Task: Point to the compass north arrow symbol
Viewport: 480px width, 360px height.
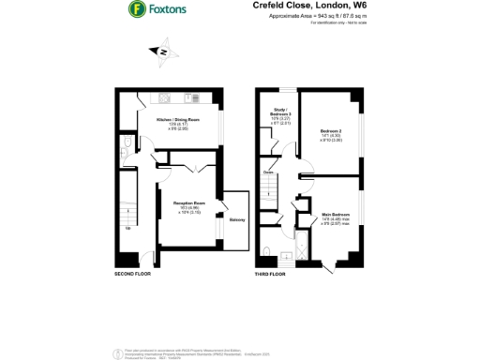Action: point(163,53)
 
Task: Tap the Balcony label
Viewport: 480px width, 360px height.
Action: point(237,219)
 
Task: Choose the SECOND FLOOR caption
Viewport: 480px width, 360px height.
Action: point(132,274)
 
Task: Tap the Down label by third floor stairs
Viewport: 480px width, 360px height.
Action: point(268,172)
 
